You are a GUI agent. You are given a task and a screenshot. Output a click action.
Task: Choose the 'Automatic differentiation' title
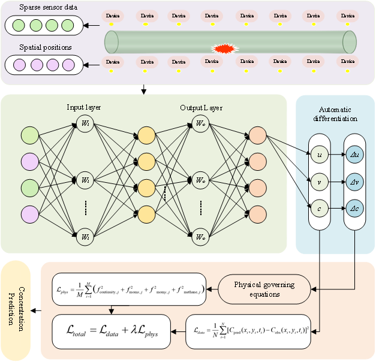[x=336, y=114]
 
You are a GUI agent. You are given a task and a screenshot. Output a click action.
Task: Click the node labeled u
[x=320, y=154]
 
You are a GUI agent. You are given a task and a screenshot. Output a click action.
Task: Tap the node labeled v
[x=320, y=181]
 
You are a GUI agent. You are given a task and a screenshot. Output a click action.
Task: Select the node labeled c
[x=320, y=208]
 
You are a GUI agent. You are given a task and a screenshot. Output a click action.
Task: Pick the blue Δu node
[x=354, y=154]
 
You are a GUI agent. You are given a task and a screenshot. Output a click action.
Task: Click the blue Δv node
[x=354, y=181]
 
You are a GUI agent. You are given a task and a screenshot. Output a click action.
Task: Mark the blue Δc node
[x=354, y=208]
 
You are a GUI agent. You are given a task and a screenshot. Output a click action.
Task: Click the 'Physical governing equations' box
[x=264, y=288]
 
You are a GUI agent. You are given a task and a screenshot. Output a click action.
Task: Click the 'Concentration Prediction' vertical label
[x=14, y=306]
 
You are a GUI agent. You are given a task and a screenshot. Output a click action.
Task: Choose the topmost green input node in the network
[x=29, y=135]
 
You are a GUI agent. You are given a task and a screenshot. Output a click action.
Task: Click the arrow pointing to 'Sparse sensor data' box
[x=91, y=26]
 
